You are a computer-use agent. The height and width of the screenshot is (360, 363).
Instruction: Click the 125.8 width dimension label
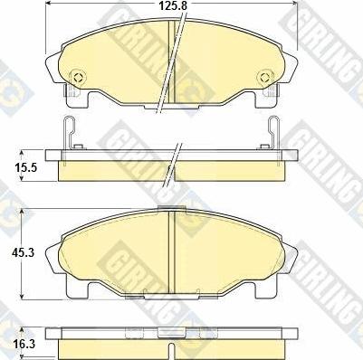point(174,5)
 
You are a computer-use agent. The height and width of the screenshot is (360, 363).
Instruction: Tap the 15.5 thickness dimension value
point(26,166)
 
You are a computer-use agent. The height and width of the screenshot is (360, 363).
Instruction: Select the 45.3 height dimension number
point(24,252)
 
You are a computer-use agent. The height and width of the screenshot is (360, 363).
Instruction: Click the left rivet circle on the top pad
point(79,77)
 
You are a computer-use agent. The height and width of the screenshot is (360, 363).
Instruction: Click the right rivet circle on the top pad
point(265,77)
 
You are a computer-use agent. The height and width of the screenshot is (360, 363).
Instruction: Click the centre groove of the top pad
point(171,62)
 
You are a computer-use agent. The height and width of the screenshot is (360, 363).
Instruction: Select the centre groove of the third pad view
point(172,251)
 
